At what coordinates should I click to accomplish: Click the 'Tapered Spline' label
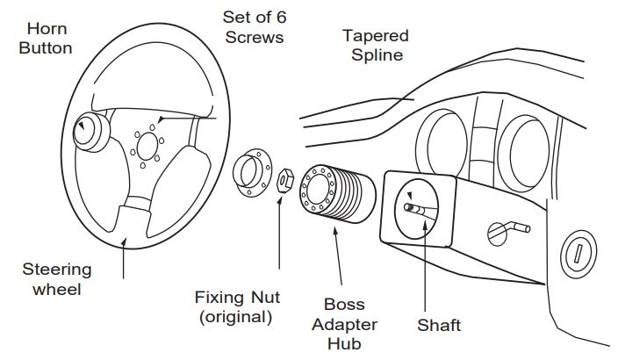(375, 44)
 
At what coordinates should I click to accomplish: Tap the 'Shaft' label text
(439, 326)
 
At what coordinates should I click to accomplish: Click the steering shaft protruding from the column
(420, 209)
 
